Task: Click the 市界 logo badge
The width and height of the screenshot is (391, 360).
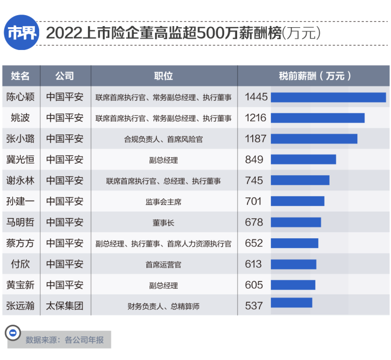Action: click(22, 33)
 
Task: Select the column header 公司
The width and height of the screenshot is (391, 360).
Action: click(65, 76)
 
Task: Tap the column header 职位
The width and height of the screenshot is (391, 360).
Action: click(164, 76)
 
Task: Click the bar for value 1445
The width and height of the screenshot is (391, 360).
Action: click(328, 97)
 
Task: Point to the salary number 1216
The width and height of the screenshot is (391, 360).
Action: click(256, 118)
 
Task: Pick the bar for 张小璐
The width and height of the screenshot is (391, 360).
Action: click(314, 139)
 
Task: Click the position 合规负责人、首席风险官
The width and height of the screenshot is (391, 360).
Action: click(164, 139)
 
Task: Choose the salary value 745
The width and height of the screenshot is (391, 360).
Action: click(254, 181)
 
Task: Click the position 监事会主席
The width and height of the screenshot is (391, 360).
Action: click(164, 202)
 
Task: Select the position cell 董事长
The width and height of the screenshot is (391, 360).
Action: click(164, 222)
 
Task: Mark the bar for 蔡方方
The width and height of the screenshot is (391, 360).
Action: click(294, 243)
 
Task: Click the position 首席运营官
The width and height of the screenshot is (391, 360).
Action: click(164, 264)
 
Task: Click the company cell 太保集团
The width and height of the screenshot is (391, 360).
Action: click(65, 306)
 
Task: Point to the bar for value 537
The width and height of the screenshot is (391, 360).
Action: click(291, 303)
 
